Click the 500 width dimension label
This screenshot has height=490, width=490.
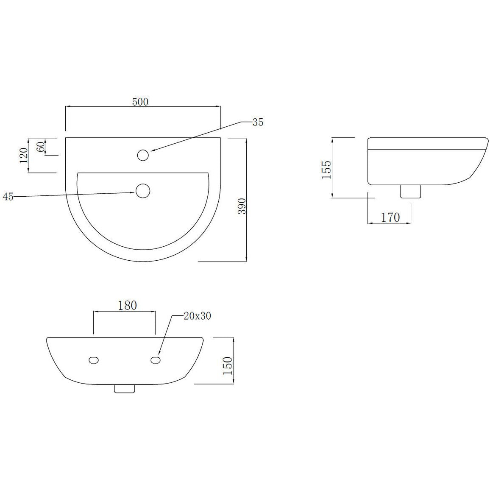click(140, 102)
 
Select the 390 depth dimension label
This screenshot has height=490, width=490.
click(242, 206)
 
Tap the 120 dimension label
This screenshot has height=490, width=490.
click(24, 155)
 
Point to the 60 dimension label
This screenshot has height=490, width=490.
click(41, 147)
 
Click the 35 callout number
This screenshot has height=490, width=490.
click(258, 122)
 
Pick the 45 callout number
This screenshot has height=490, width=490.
click(8, 197)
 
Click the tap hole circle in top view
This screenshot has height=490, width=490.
click(143, 155)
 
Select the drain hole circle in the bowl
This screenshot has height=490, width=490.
click(143, 191)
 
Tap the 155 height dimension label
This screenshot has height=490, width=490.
click(326, 170)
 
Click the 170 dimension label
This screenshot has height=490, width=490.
click(390, 217)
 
